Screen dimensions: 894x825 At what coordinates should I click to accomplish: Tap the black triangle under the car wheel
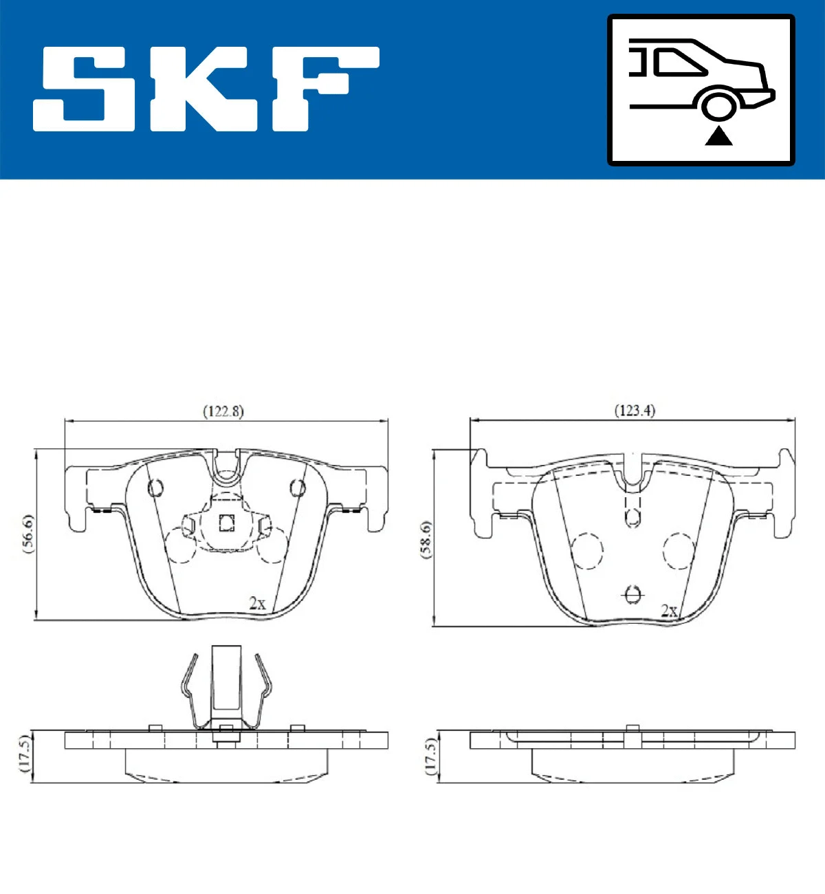(x=718, y=136)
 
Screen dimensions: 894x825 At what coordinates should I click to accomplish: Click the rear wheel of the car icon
(x=719, y=107)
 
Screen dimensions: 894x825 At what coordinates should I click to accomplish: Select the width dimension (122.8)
(x=223, y=411)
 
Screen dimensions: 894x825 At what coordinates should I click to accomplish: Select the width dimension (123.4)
(x=635, y=411)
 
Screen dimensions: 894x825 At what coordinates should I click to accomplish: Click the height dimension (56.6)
(x=27, y=534)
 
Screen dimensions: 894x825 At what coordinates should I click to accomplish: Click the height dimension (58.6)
(x=426, y=540)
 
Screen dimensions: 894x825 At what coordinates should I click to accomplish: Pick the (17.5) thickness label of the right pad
(x=431, y=756)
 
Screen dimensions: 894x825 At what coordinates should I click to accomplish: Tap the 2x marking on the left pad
(x=257, y=603)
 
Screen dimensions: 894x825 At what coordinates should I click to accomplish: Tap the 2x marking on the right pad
(x=668, y=610)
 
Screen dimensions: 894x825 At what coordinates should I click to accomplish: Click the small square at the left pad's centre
(x=227, y=523)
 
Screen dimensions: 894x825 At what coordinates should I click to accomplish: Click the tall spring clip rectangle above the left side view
(x=226, y=679)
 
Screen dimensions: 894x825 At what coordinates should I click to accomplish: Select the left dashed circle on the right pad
(x=587, y=551)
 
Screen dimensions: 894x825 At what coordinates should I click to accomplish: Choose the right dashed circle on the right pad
(x=679, y=551)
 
